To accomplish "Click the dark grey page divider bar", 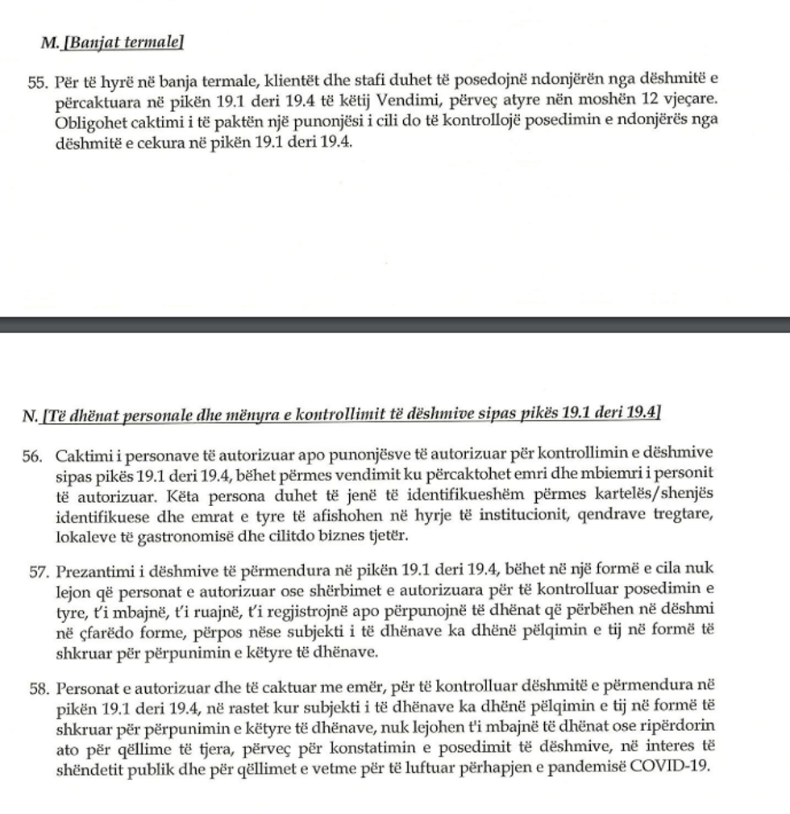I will (395, 324).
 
